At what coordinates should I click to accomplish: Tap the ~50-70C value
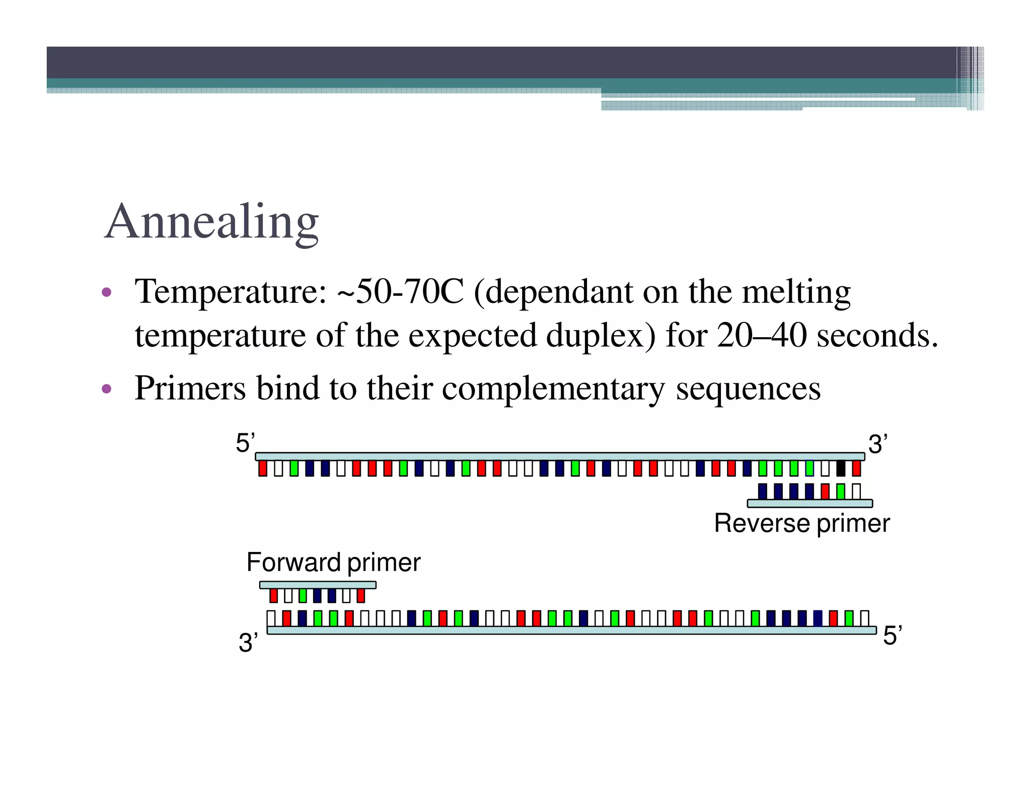coord(400,292)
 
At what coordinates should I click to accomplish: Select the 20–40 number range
coord(762,336)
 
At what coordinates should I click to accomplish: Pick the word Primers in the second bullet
coord(190,388)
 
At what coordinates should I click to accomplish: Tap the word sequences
coord(748,388)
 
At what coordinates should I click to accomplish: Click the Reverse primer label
coord(801,523)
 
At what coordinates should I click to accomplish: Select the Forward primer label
coord(333,563)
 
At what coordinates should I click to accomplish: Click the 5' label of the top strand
coord(245,443)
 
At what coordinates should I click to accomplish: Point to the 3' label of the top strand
coord(877,444)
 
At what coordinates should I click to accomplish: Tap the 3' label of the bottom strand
coord(248,643)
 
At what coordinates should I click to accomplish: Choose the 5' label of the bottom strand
coord(892,635)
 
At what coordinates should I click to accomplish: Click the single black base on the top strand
coord(840,468)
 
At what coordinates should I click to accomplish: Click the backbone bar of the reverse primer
coord(809,503)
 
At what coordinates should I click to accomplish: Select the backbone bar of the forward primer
coord(318,585)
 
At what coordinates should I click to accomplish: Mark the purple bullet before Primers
coord(106,388)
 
